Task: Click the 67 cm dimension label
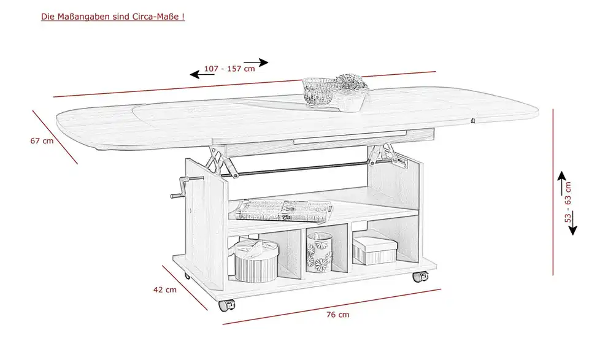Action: click(x=42, y=141)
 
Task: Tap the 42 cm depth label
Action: click(x=165, y=289)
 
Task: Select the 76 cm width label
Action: click(x=337, y=315)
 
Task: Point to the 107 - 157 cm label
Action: click(x=229, y=69)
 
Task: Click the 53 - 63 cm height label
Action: click(x=568, y=202)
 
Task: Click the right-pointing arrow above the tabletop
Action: click(x=256, y=63)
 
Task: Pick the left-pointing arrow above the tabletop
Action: click(x=202, y=74)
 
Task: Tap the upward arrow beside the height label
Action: click(x=561, y=183)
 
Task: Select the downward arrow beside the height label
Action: click(x=572, y=223)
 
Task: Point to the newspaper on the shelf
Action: click(x=284, y=210)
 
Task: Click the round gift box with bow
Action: click(x=256, y=261)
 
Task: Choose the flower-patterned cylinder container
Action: click(x=320, y=252)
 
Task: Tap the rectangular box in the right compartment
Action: click(x=374, y=250)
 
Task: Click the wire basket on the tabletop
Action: click(x=318, y=91)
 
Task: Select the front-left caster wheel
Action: click(x=226, y=305)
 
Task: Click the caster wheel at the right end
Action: click(x=420, y=277)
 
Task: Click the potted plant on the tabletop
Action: click(x=350, y=93)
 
